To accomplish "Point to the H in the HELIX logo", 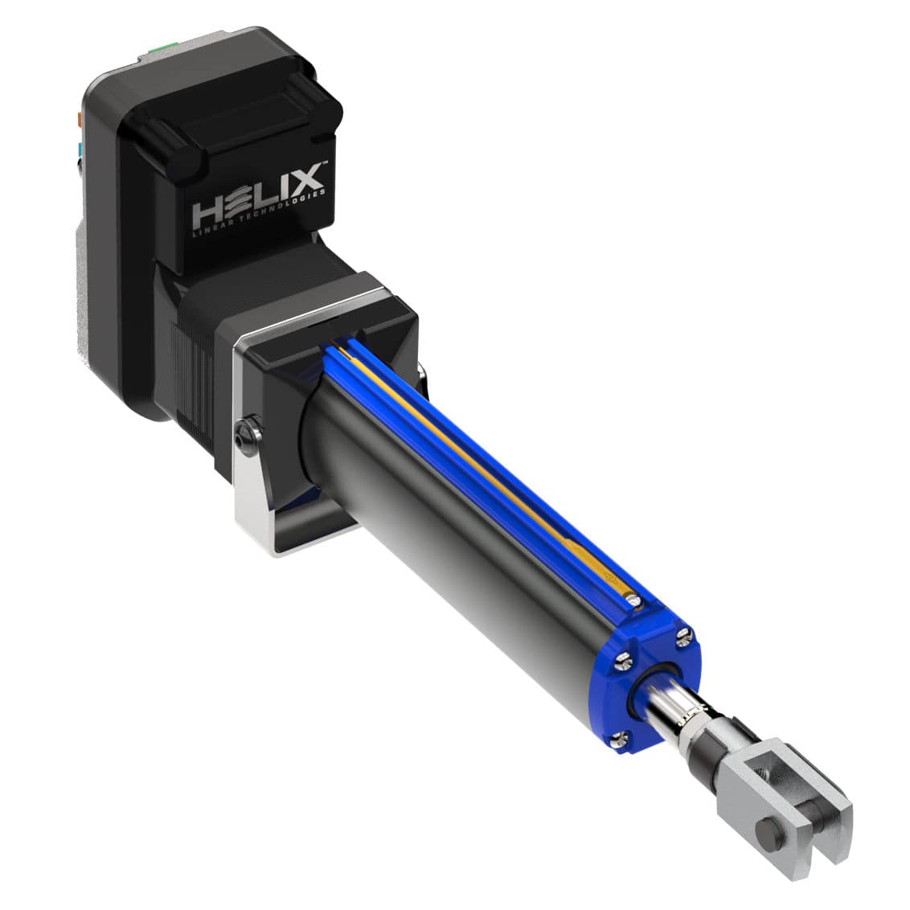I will [x=209, y=215].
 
